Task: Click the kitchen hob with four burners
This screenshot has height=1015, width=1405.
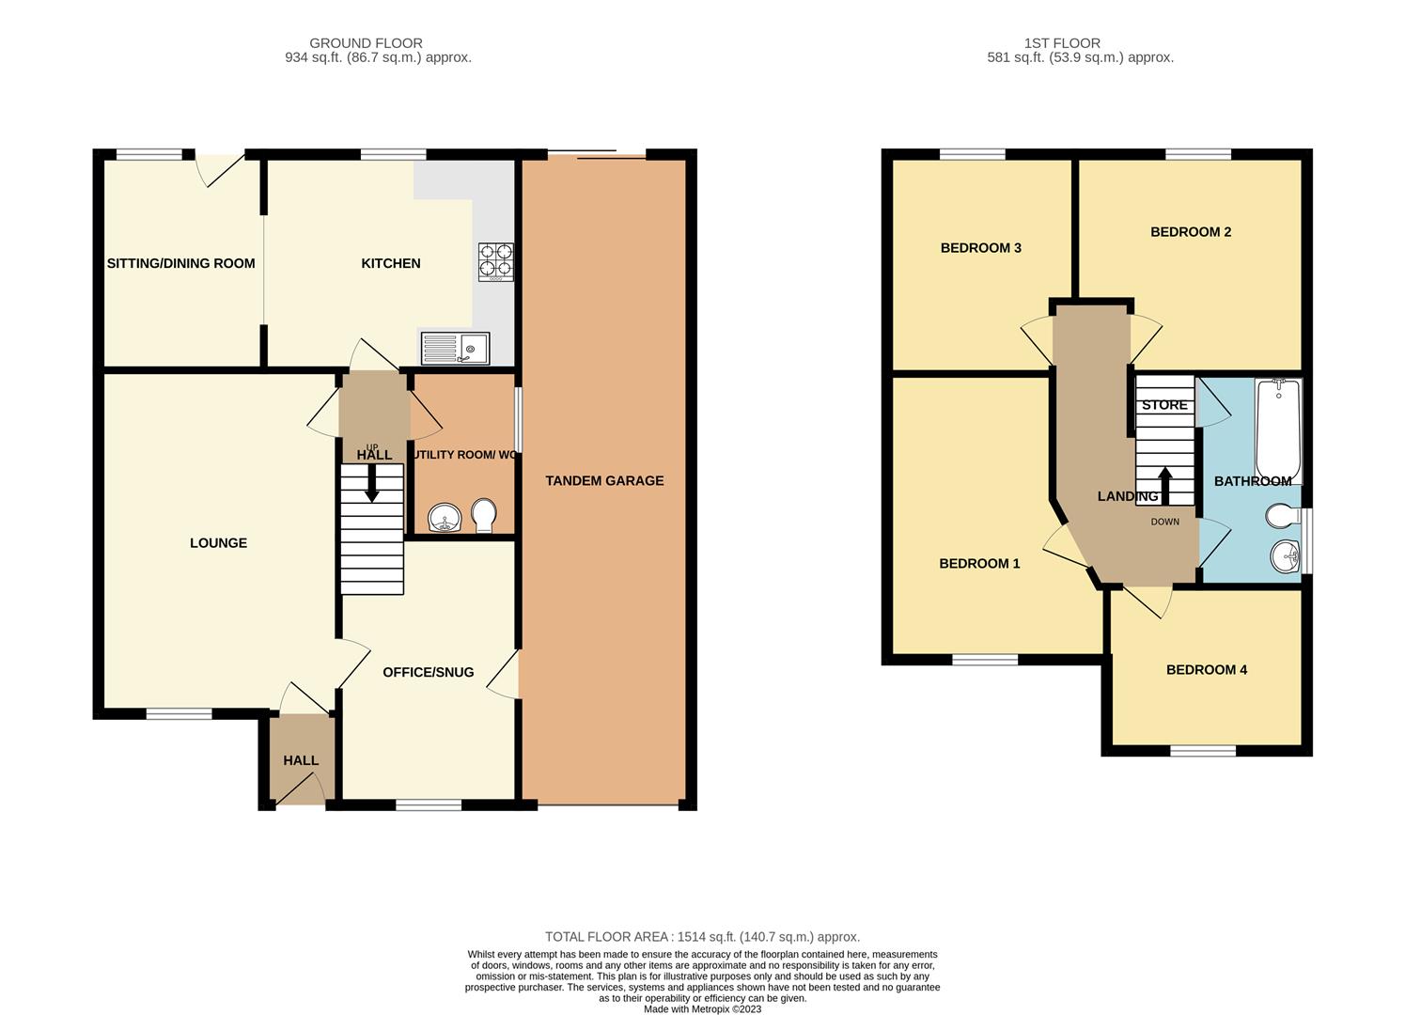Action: click(x=496, y=261)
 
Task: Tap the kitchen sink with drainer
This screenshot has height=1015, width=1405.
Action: click(x=455, y=349)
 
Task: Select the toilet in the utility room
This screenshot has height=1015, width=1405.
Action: click(x=483, y=516)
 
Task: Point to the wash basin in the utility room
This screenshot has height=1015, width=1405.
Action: click(x=444, y=518)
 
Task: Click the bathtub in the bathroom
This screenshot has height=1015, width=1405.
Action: click(x=1278, y=429)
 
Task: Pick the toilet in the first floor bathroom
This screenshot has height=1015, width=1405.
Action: click(x=1282, y=517)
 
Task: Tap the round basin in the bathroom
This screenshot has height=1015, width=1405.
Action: click(x=1285, y=557)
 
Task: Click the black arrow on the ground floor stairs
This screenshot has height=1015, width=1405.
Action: click(x=372, y=484)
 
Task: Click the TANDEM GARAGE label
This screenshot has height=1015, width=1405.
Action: click(x=604, y=480)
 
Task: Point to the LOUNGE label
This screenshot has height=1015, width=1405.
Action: click(x=218, y=542)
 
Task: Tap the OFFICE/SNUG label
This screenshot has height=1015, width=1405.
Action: click(x=428, y=672)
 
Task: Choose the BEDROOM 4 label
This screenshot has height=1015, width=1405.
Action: click(x=1207, y=669)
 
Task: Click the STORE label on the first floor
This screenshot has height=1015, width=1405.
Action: click(x=1164, y=405)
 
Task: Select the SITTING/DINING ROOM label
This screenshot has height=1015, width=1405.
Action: click(x=180, y=263)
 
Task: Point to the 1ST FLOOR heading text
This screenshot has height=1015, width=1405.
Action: click(x=1062, y=43)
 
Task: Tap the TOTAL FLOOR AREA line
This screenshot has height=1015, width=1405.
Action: click(x=702, y=937)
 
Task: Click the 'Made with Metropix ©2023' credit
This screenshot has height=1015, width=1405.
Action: click(x=702, y=1009)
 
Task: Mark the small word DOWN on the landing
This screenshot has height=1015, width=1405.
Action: click(x=1164, y=522)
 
